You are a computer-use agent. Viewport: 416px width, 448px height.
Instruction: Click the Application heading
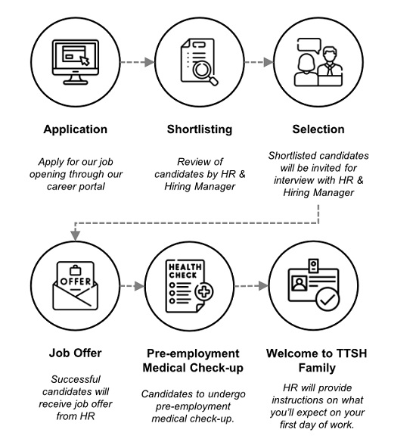pyautogui.click(x=76, y=129)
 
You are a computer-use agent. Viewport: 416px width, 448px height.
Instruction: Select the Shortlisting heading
pyautogui.click(x=200, y=129)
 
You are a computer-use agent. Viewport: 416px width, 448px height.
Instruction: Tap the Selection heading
pyautogui.click(x=318, y=129)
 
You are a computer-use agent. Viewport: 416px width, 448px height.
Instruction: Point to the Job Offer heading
pyautogui.click(x=76, y=353)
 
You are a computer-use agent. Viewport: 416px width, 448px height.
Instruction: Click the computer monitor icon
pyautogui.click(x=76, y=62)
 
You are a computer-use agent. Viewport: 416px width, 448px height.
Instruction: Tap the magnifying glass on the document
pyautogui.click(x=205, y=73)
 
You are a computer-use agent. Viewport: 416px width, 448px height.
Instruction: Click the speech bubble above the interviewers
pyautogui.click(x=309, y=45)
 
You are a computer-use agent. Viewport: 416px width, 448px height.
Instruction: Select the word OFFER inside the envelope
pyautogui.click(x=76, y=282)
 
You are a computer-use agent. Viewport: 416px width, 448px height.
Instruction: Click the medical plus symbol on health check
pyautogui.click(x=204, y=291)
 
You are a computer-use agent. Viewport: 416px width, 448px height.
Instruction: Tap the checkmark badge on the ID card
pyautogui.click(x=328, y=300)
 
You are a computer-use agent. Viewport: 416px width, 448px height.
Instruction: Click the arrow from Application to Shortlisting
pyautogui.click(x=138, y=62)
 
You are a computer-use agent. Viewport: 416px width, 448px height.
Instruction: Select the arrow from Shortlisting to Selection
pyautogui.click(x=259, y=62)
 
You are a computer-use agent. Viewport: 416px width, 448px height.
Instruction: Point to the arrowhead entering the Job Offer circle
pyautogui.click(x=76, y=235)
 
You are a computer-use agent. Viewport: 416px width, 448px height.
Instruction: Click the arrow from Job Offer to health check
pyautogui.click(x=132, y=286)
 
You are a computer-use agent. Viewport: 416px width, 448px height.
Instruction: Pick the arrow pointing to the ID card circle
pyautogui.click(x=251, y=286)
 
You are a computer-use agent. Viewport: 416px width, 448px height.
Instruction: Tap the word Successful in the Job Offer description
pyautogui.click(x=76, y=379)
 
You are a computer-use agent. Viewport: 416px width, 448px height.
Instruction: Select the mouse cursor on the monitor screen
pyautogui.click(x=85, y=61)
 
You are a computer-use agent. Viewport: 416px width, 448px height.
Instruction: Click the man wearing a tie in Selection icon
pyautogui.click(x=330, y=67)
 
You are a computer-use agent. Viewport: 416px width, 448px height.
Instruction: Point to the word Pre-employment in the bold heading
pyautogui.click(x=193, y=353)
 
